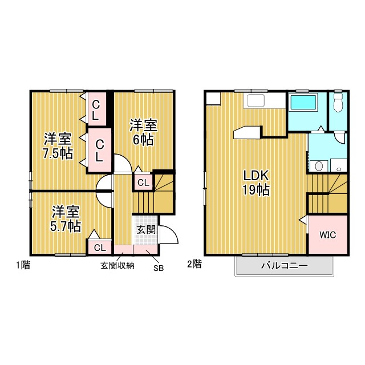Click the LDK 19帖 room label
tap(256, 182)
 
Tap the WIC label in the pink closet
tap(328, 234)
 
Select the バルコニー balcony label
tap(284, 265)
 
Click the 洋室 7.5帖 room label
tap(58, 146)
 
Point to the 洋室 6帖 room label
tap(143, 132)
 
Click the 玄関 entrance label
tap(146, 230)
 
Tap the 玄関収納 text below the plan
tap(117, 266)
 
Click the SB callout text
tap(159, 268)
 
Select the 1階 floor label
tap(23, 265)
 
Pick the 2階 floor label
tap(194, 264)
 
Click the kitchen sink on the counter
tap(255, 100)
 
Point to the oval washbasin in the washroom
tap(319, 166)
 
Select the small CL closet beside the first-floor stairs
tap(143, 182)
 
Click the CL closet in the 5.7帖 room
tap(100, 248)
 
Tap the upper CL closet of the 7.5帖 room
tap(96, 109)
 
